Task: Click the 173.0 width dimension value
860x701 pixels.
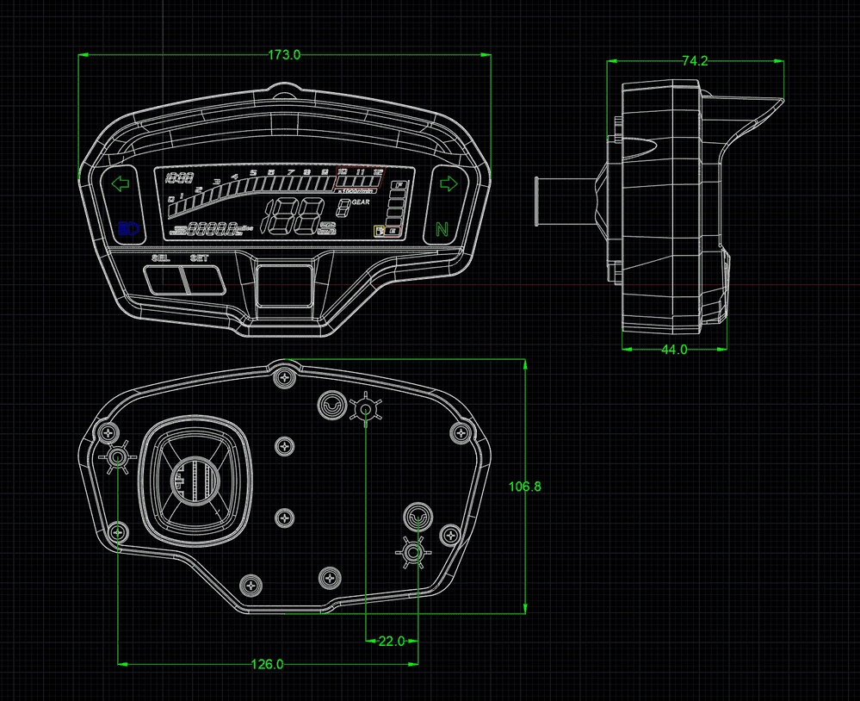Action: coord(284,55)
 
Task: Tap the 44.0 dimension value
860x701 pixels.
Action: coord(673,350)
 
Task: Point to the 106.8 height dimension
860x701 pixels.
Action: coord(524,487)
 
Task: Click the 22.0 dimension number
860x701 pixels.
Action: coord(391,642)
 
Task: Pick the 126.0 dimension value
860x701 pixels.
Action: coord(267,664)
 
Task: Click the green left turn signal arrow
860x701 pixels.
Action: coord(120,183)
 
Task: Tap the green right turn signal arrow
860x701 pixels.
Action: coord(448,183)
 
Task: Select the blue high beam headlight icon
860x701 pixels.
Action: coord(127,228)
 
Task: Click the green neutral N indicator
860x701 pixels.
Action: coord(442,229)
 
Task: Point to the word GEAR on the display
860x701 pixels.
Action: coord(362,202)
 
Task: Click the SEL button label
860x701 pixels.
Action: coord(161,258)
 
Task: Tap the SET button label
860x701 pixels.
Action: coord(199,258)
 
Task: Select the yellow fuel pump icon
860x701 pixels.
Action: coord(378,231)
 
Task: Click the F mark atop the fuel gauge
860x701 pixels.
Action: coord(399,184)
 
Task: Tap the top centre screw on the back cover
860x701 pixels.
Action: coord(285,376)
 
